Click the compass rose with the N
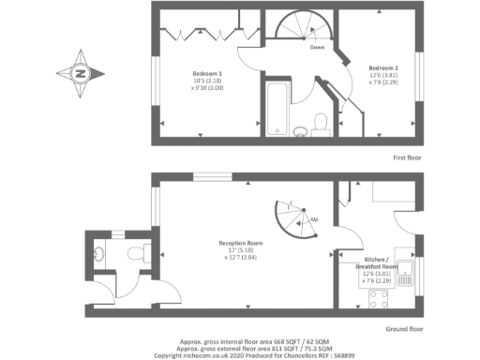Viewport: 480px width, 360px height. point(80,72)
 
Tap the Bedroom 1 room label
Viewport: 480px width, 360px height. point(207,73)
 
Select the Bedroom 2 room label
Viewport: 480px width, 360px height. point(382,67)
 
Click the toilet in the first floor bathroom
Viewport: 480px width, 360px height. point(320,123)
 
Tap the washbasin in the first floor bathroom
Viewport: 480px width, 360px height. point(302,130)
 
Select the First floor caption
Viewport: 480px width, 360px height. point(407,157)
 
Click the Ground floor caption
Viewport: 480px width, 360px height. point(405,329)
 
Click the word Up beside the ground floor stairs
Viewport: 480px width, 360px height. point(314,219)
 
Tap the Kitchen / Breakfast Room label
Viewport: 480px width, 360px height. point(381,262)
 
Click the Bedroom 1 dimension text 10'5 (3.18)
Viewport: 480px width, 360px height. point(207,82)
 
